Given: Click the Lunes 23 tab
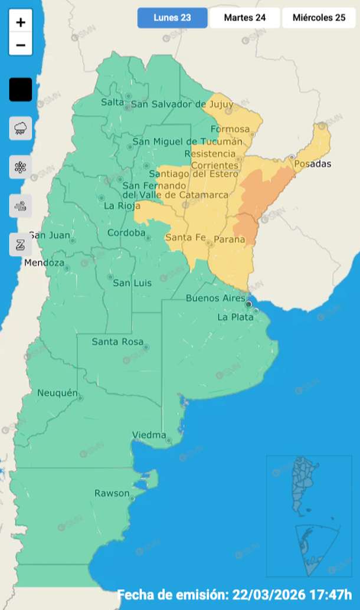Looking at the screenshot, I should (x=172, y=18).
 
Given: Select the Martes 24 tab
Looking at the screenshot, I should (x=244, y=18).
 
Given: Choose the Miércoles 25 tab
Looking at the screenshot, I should (x=319, y=18).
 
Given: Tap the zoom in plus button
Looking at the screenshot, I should (x=21, y=23).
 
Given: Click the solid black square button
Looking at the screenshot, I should (x=21, y=90).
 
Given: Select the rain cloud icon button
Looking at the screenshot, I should (x=21, y=128).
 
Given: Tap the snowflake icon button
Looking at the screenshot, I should (x=21, y=167).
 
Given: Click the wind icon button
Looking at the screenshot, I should (x=21, y=206).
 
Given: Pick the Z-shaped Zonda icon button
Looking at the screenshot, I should (x=21, y=244).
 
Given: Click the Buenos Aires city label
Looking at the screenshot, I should (x=215, y=299).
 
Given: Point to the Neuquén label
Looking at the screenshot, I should (x=57, y=393).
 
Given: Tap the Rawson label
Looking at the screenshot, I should (x=112, y=493).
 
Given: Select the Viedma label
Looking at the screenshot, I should (x=149, y=435).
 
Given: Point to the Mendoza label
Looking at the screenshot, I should (x=44, y=262).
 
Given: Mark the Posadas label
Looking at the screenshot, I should (x=313, y=163).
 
